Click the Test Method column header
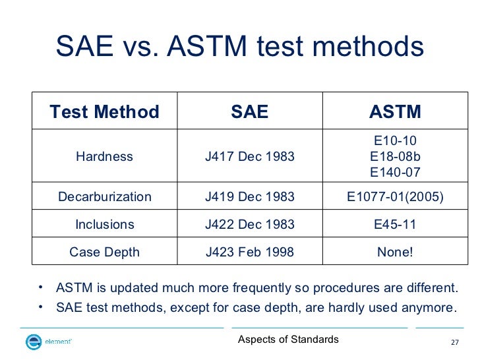(x=104, y=112)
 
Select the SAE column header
(x=249, y=112)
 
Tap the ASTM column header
(x=395, y=112)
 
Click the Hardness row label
(x=104, y=157)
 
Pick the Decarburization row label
(x=104, y=197)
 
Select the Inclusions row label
(x=104, y=224)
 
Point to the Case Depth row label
(x=104, y=252)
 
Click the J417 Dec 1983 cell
(x=249, y=157)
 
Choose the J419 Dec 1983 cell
(x=249, y=197)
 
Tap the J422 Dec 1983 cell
(x=249, y=224)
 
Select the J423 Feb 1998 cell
(x=249, y=252)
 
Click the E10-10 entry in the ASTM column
(x=395, y=140)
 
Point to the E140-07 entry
(x=395, y=173)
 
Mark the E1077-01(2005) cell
(x=395, y=197)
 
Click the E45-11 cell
(x=395, y=224)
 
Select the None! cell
(x=395, y=252)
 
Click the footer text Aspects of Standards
(x=288, y=340)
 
